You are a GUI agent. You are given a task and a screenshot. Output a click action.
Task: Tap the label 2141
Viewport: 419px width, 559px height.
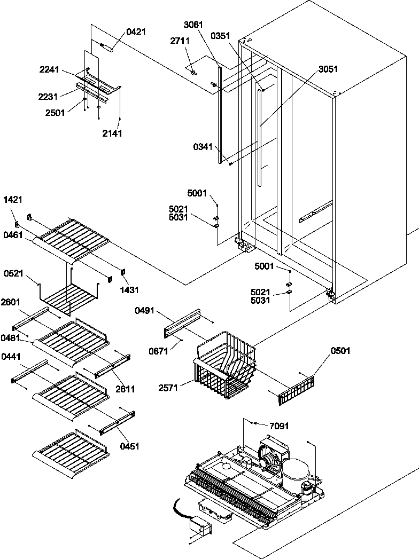pos(112,133)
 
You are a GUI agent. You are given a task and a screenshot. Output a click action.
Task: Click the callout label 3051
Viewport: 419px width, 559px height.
pos(328,69)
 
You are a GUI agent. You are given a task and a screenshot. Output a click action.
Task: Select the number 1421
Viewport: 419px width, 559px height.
pos(13,199)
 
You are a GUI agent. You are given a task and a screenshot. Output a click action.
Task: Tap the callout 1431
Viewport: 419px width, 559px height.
pos(129,290)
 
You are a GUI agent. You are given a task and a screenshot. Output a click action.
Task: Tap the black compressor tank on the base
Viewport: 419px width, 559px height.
pos(295,472)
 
